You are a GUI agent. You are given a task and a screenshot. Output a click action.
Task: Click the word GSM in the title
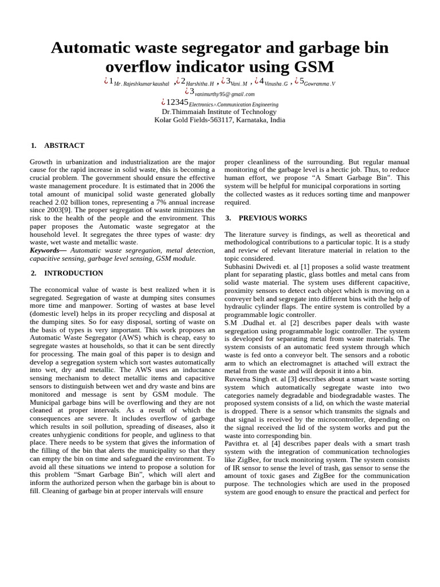click(313, 67)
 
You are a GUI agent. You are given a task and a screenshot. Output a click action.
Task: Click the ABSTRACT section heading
click(64, 146)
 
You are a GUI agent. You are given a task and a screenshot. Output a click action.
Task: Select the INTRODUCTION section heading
click(73, 273)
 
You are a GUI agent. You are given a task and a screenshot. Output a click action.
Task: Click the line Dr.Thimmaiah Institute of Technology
click(219, 112)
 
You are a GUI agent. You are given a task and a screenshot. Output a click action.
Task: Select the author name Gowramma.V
click(320, 84)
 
